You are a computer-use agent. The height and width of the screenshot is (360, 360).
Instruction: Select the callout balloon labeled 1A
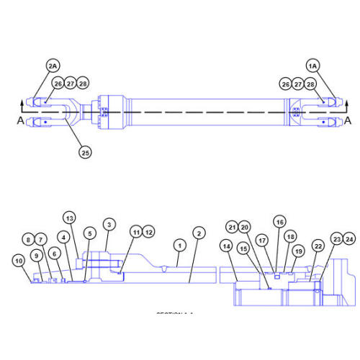pos(312,66)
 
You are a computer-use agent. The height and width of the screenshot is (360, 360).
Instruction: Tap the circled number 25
pos(86,152)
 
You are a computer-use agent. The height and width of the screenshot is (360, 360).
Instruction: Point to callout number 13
pos(69,217)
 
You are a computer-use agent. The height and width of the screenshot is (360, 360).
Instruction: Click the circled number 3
pos(109,225)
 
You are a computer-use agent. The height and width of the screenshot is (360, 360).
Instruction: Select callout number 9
pos(37,255)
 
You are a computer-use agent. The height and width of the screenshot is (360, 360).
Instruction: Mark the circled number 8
pos(28,239)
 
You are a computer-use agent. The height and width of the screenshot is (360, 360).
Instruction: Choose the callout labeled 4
pos(64,236)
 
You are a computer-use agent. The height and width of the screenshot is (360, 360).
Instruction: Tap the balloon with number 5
pos(89,233)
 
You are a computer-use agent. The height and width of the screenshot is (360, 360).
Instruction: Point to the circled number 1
pos(178,245)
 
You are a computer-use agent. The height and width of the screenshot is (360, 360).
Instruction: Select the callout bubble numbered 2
pos(199,233)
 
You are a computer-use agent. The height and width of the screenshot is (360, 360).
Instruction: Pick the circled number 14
pos(227,246)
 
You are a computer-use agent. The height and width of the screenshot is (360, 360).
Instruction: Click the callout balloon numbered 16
pos(279,222)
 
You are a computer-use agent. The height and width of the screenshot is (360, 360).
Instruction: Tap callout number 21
pos(233,227)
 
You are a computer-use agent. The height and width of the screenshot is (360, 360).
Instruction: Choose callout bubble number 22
pos(318,246)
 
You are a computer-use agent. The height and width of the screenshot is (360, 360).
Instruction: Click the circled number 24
pos(349,238)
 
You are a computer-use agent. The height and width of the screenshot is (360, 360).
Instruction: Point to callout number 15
pos(243,248)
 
